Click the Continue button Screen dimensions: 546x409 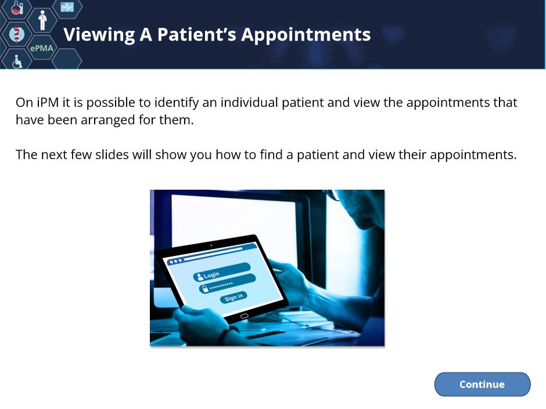tap(482, 384)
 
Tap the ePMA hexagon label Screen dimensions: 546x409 tap(42, 48)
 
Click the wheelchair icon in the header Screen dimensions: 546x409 tap(17, 61)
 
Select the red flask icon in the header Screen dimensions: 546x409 tap(17, 8)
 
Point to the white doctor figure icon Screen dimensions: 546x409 tap(42, 20)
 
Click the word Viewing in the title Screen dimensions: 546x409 tap(99, 35)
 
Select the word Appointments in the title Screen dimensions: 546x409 tap(306, 35)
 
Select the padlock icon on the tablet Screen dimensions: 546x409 tap(204, 289)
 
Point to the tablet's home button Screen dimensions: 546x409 tap(245, 316)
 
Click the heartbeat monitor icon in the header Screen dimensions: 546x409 tap(67, 6)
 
